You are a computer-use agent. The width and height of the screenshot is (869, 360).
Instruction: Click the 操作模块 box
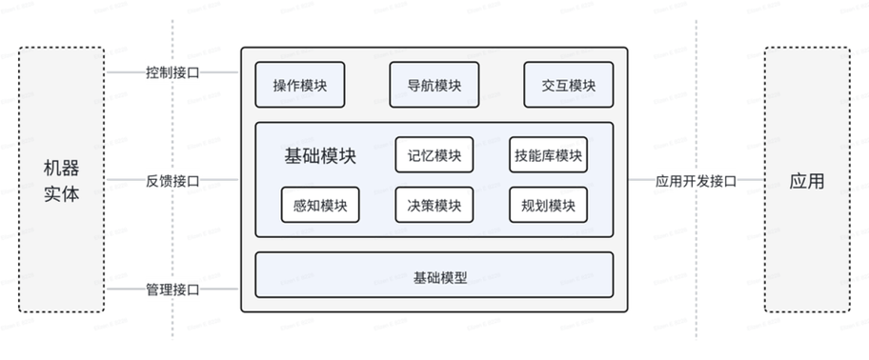300,85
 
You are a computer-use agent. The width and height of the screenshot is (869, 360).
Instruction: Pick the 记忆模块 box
434,155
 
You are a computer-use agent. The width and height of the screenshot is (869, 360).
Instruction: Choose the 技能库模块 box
548,155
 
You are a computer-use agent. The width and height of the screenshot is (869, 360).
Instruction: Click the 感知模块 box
320,205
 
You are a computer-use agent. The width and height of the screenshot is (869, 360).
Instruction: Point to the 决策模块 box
434,205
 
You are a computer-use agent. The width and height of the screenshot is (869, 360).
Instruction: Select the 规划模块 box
548,205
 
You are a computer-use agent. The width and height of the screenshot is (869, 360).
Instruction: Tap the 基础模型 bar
434,279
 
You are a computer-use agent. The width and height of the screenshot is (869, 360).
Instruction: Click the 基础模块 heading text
320,156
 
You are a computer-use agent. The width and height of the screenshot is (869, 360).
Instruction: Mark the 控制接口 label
172,72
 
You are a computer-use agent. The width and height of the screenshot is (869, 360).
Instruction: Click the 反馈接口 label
172,181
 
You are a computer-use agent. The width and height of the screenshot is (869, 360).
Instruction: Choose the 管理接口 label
172,290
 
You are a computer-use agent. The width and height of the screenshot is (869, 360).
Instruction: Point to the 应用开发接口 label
696,181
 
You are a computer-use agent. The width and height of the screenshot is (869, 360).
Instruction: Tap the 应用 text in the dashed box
806,181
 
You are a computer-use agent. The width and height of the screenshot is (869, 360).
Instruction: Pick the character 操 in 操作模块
280,85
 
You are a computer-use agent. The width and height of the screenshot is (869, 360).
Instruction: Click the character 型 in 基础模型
460,279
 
